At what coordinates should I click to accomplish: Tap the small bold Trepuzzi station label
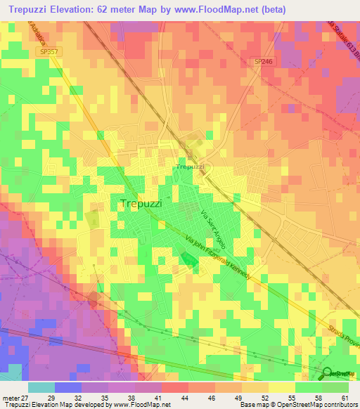[x=190, y=167]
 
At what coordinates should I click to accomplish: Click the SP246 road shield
[x=263, y=62]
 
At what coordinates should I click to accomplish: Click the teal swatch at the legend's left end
[x=41, y=387]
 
